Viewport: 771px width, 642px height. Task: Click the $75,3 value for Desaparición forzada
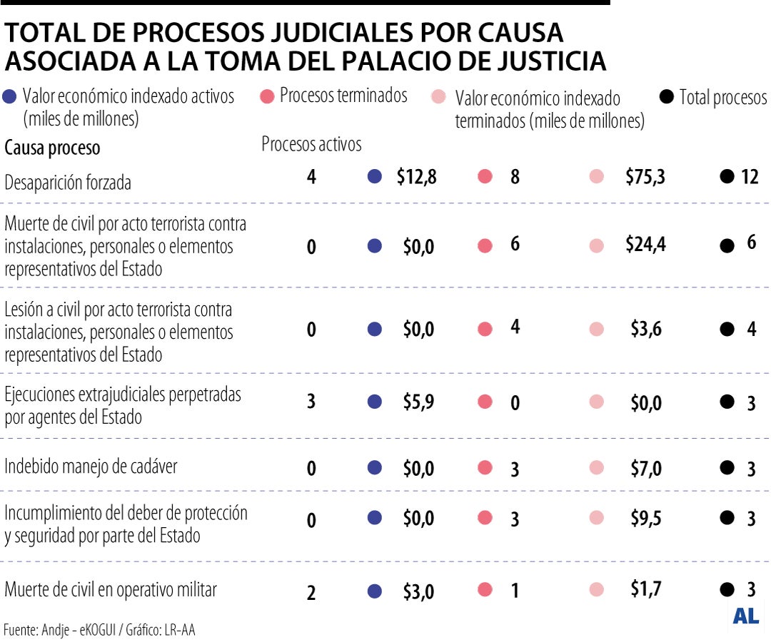click(645, 177)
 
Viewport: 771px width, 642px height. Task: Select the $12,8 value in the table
click(416, 177)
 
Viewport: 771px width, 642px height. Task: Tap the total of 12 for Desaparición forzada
click(750, 177)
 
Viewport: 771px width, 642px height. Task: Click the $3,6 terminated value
click(646, 329)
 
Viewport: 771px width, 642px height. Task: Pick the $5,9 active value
click(418, 402)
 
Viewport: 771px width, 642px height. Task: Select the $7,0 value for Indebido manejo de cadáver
click(646, 469)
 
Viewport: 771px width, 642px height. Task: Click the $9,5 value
click(646, 519)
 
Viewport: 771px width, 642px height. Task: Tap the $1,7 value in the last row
click(646, 589)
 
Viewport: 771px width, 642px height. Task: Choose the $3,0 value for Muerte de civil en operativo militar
click(418, 592)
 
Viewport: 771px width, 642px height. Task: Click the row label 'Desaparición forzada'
click(68, 183)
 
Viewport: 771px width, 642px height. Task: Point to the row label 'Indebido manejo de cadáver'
click(91, 467)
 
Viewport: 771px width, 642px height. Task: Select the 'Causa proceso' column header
click(52, 148)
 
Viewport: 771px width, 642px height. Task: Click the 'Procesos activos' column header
click(311, 144)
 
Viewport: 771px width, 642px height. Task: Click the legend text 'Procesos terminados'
click(343, 96)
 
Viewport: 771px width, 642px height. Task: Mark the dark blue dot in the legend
click(10, 98)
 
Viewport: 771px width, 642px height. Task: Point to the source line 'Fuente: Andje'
click(99, 630)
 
